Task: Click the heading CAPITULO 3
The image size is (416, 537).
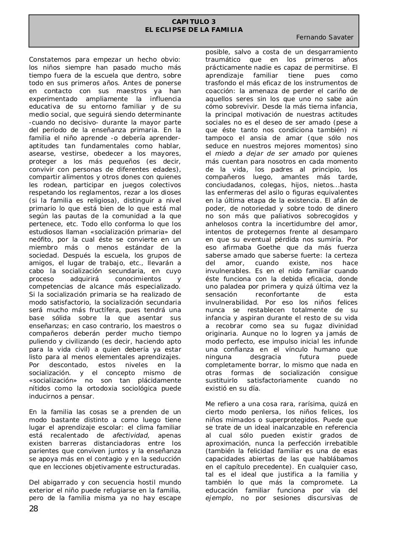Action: [194, 22]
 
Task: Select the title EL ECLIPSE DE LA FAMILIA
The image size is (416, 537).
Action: [194, 30]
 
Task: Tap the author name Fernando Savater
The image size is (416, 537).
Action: [324, 37]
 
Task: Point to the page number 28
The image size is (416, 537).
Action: [34, 509]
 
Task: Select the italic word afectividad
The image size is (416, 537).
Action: [130, 435]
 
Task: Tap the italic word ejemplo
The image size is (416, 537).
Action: [218, 498]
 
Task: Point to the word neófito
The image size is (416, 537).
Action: [40, 240]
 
